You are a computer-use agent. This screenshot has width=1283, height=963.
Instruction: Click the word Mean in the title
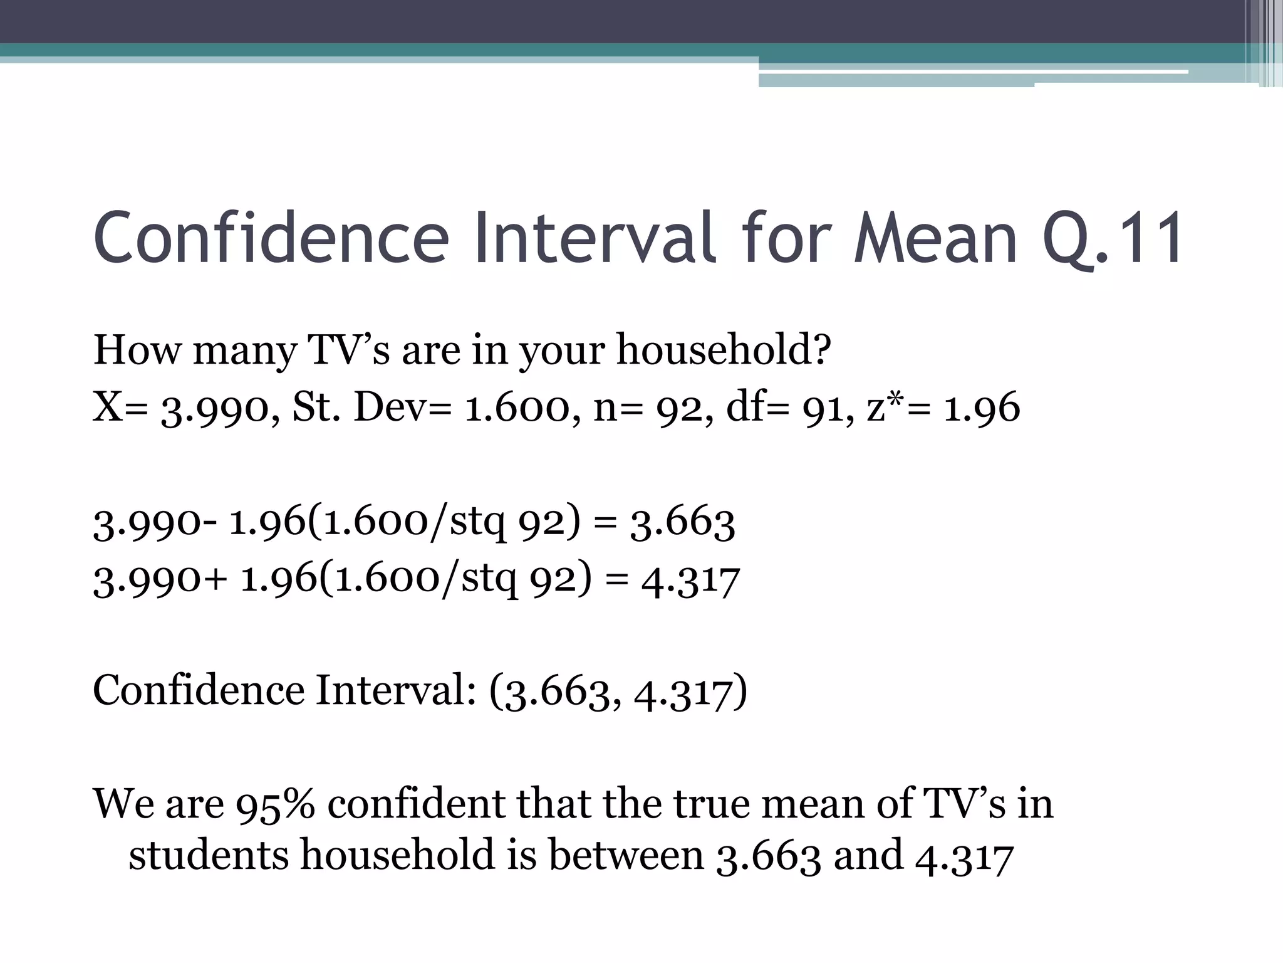point(935,238)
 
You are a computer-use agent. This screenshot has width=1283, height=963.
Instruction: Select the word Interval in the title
point(595,238)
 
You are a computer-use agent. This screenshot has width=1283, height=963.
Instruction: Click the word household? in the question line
point(724,350)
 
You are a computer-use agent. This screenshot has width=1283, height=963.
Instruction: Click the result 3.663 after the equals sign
point(682,523)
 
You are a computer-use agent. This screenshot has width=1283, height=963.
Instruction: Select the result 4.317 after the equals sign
point(690,580)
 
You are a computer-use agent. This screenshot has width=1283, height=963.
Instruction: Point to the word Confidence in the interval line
point(199,690)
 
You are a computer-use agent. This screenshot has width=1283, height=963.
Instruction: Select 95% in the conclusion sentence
point(275,804)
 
